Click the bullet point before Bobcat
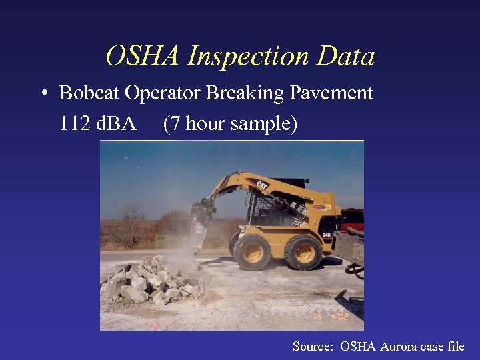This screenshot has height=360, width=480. pos(43,94)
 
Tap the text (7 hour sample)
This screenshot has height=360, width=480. pos(230,124)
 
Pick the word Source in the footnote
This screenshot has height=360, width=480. pos(313,346)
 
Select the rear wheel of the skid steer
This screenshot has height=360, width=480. pos(303,251)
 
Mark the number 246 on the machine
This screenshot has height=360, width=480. pos(327,235)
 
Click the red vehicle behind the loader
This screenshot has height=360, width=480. pos(353,219)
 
